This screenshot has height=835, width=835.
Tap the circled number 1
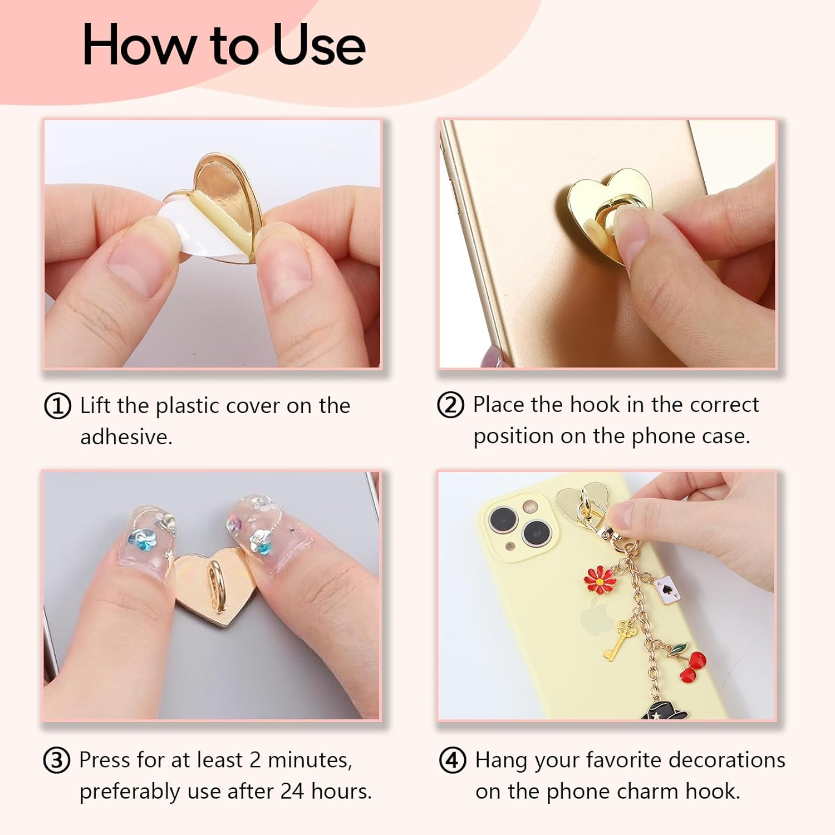tap(57, 406)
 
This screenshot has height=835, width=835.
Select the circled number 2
tap(450, 405)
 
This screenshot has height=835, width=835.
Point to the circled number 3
tap(57, 760)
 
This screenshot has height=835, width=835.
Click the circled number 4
tap(453, 760)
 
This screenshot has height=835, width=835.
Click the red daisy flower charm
tap(600, 579)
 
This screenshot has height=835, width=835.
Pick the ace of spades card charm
tap(665, 589)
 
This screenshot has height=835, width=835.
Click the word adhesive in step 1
tap(126, 437)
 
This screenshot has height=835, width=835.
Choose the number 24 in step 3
tap(293, 792)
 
